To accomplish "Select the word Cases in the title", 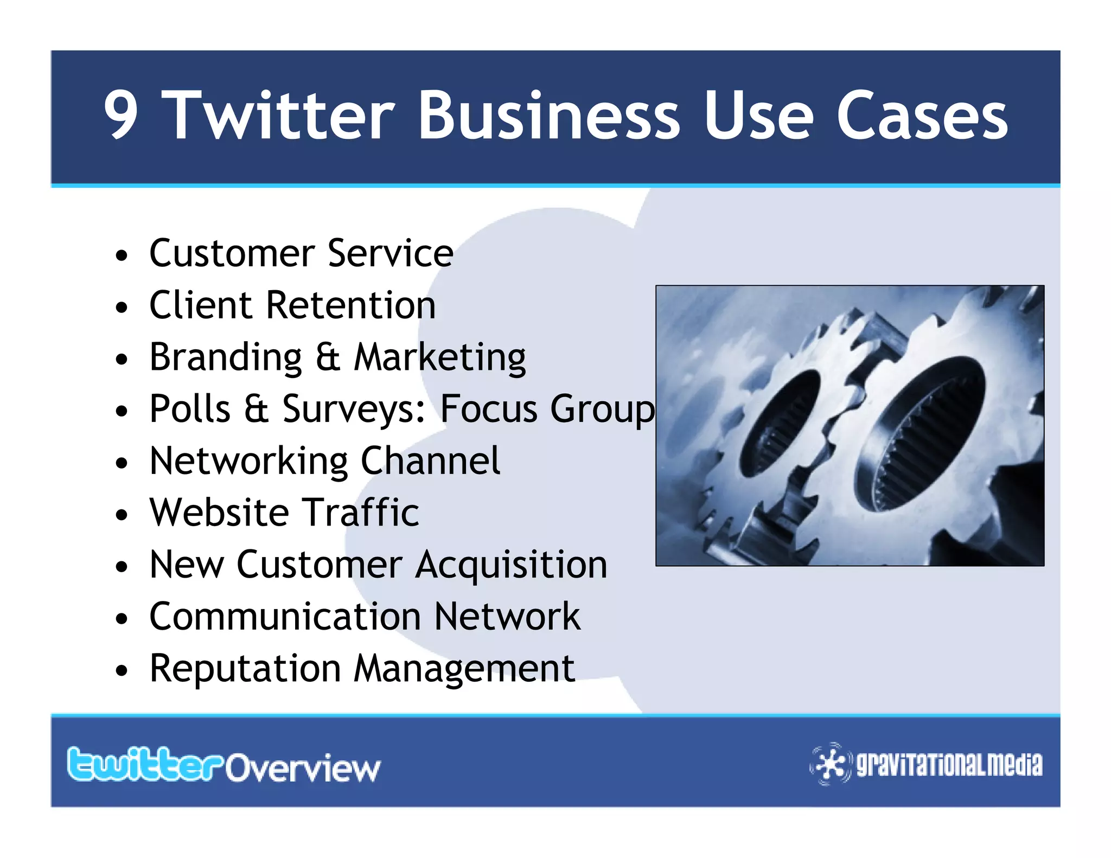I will click(x=922, y=115).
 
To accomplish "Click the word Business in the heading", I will click(x=548, y=115).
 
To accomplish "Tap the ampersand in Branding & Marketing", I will click(x=328, y=357).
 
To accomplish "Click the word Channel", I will click(x=430, y=461).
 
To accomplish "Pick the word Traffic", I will click(x=360, y=513).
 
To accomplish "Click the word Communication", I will click(x=285, y=617).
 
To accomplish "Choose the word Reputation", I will click(x=245, y=668).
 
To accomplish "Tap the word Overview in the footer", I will click(x=303, y=768).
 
